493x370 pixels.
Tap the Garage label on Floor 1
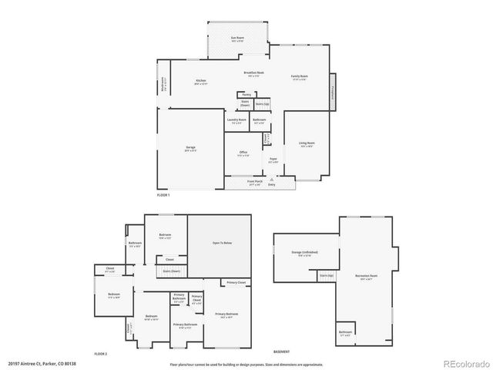[x=190, y=148]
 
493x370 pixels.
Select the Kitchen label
[x=201, y=81]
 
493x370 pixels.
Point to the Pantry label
[x=245, y=95]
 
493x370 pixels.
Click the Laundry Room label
[x=236, y=120]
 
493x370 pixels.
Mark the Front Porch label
[x=255, y=183]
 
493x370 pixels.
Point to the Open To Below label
[x=222, y=244]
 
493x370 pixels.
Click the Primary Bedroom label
[x=226, y=314]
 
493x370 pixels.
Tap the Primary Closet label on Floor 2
[x=236, y=284]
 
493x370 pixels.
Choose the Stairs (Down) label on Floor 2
[x=170, y=271]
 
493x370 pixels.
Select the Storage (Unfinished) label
[x=305, y=253]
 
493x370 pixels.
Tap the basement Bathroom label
[x=346, y=333]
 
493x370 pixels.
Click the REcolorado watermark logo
[x=460, y=362]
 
